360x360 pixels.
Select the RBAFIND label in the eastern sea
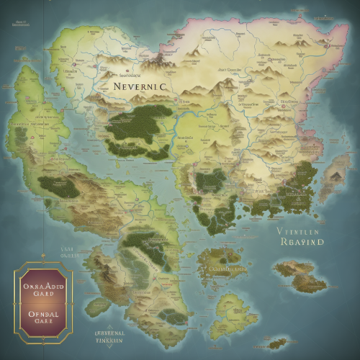pyautogui.click(x=301, y=243)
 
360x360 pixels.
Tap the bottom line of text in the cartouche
pyautogui.click(x=44, y=323)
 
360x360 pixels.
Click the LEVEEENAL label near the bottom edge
pyautogui.click(x=110, y=334)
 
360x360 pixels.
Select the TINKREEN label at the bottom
pyautogui.click(x=110, y=343)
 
